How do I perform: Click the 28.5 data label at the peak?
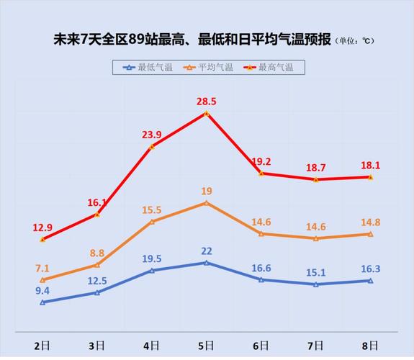point(207,101)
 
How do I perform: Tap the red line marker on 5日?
point(207,113)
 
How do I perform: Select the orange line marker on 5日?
point(207,203)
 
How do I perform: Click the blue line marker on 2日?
point(42,302)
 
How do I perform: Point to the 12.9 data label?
point(42,228)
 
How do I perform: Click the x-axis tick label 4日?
point(151,346)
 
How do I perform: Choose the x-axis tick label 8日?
point(370,346)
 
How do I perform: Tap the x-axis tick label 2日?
point(42,346)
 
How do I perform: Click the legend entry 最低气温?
point(148,67)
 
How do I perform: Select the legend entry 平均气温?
point(210,67)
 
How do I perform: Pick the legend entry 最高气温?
point(271,67)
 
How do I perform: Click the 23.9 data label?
point(151,134)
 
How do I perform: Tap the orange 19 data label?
point(207,191)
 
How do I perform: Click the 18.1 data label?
point(370,165)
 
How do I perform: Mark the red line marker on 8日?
point(370,177)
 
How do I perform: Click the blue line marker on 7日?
point(315,284)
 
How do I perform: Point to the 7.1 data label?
point(42,268)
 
